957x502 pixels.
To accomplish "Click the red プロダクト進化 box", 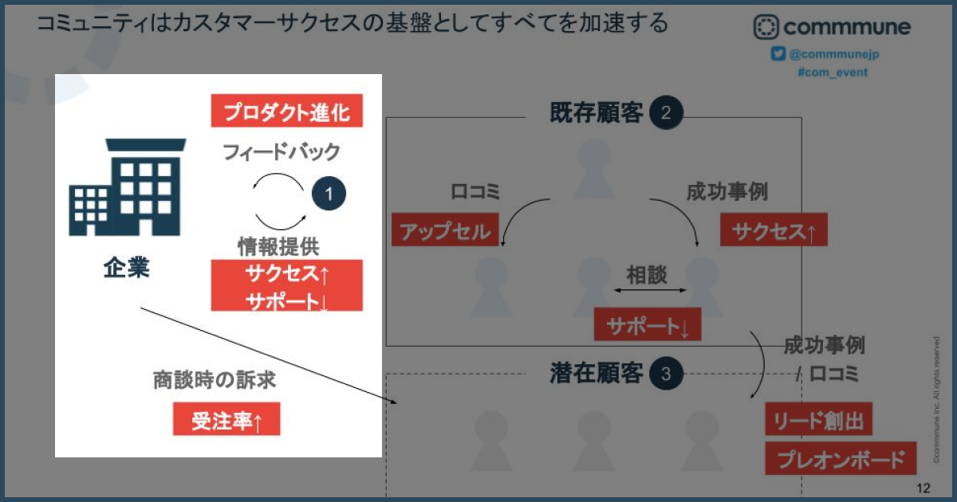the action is tap(286, 111).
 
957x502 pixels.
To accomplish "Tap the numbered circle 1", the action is tap(329, 194).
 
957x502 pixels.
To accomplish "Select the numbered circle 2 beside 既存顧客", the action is tap(666, 112).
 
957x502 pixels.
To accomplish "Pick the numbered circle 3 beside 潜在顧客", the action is tap(666, 374).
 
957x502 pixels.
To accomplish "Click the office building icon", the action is tap(128, 187).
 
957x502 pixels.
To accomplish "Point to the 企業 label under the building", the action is tap(127, 268).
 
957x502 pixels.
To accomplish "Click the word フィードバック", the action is tap(282, 152).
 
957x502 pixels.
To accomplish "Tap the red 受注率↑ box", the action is tap(226, 419).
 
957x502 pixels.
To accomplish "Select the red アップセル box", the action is tap(445, 229).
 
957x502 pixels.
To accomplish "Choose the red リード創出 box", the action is tap(818, 419).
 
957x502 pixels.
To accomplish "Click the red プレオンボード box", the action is tap(841, 458).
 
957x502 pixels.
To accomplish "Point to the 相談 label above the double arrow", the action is tap(647, 274).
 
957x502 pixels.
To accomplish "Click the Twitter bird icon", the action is tap(778, 54).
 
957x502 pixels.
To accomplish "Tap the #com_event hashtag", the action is tap(833, 73).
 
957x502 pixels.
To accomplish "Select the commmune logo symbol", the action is tap(766, 27).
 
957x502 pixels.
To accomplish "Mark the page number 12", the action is tap(924, 488).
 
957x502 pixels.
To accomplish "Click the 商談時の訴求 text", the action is tap(214, 379).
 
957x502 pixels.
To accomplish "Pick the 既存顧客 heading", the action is tap(597, 112).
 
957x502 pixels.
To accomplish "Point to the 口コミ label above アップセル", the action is tap(475, 191).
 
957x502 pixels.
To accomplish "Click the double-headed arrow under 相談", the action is tap(650, 290).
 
